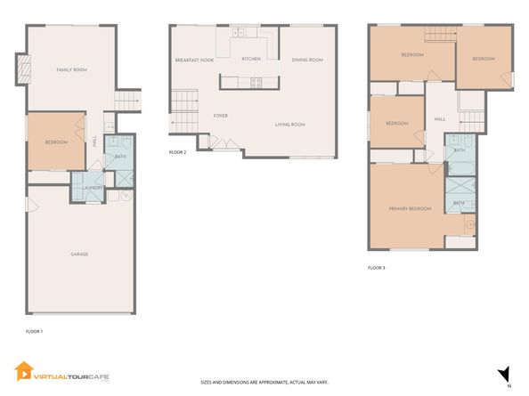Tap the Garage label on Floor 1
79,254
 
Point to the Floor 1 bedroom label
56,141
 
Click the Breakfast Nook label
194,60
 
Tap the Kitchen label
252,60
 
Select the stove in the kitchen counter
256,85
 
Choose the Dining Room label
307,60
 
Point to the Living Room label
289,125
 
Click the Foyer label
221,116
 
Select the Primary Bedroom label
410,208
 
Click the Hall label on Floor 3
440,118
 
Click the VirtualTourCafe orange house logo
22,370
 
